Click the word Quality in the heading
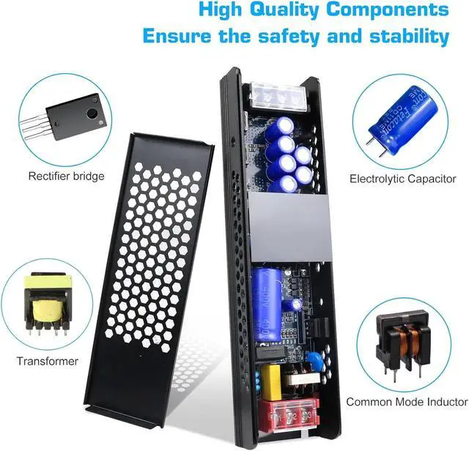[275, 10]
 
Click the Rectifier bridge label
[67, 176]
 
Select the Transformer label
[48, 361]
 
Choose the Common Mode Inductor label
[407, 402]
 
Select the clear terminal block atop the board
[278, 94]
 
